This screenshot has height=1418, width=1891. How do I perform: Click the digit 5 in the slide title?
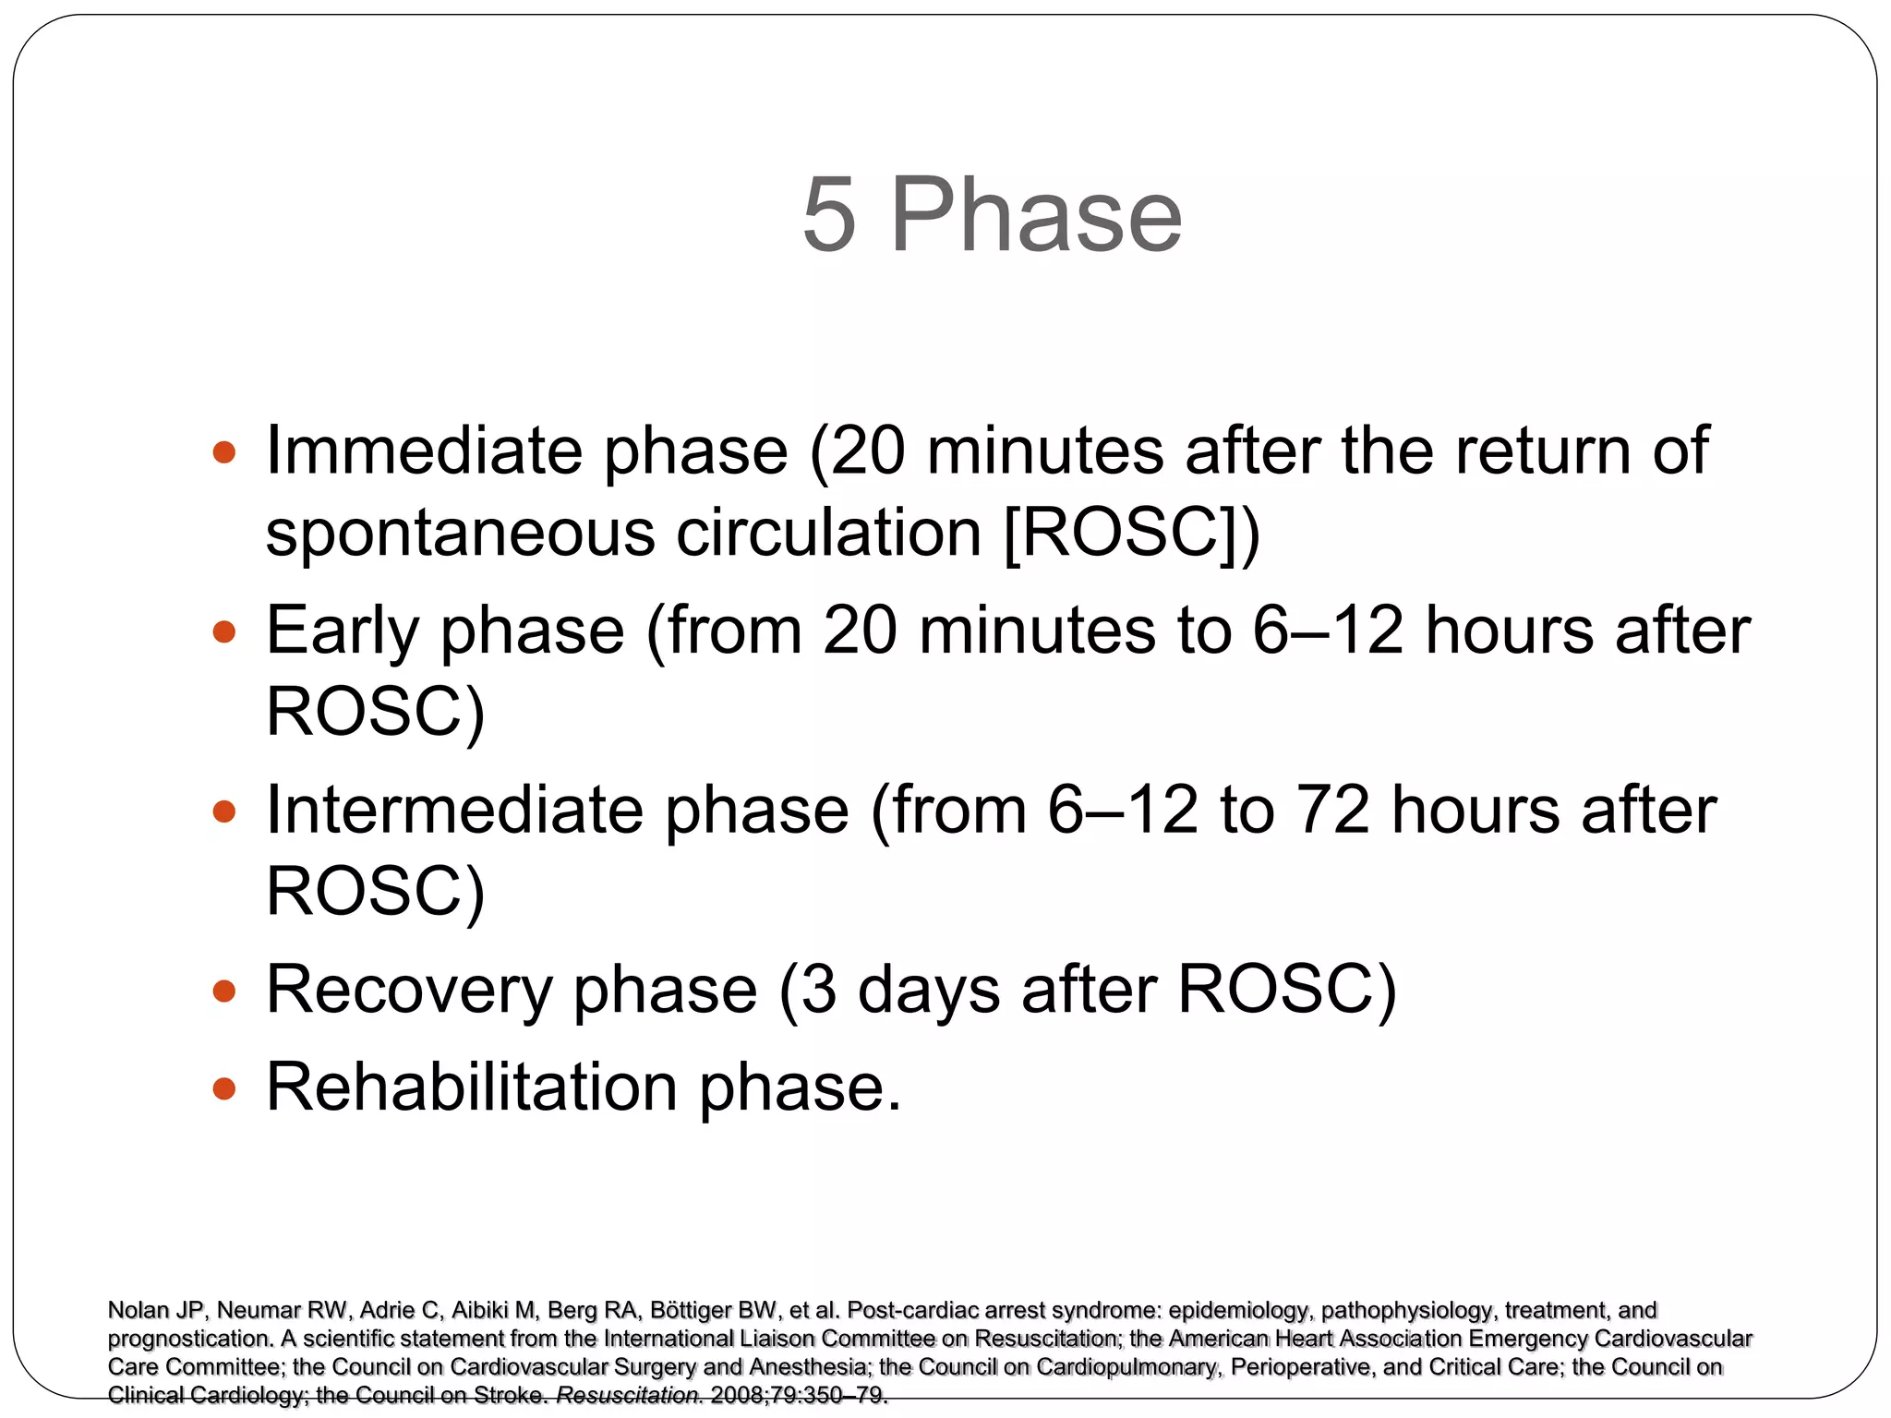pos(828,214)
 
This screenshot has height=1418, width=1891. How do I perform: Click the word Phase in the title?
pos(1035,214)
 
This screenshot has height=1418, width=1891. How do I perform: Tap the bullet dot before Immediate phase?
pos(223,452)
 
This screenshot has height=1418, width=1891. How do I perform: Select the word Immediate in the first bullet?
pos(424,451)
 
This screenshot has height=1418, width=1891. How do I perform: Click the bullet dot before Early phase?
pos(223,632)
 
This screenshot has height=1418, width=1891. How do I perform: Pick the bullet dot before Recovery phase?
pos(223,991)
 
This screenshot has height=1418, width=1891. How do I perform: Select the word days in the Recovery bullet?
pos(929,990)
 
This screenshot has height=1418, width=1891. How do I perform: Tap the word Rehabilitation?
pos(472,1087)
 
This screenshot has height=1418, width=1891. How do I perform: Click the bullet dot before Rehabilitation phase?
pos(223,1089)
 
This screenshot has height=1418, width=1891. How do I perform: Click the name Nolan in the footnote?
pos(135,1310)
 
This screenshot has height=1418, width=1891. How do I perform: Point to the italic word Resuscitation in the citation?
pos(628,1395)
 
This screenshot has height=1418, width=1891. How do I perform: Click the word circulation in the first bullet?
pos(828,534)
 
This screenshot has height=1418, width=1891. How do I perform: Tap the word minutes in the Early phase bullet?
pos(1037,631)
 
